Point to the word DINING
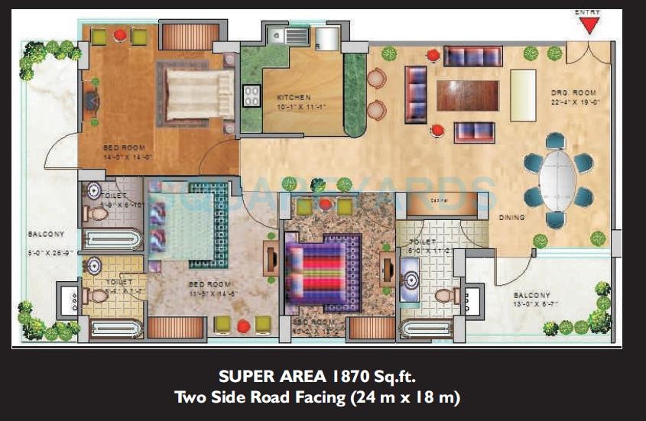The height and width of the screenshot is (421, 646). click(511, 218)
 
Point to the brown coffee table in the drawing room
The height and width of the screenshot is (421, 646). click(467, 96)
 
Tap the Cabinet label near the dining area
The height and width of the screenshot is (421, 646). click(439, 202)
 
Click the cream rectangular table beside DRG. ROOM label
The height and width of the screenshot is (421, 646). click(523, 92)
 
